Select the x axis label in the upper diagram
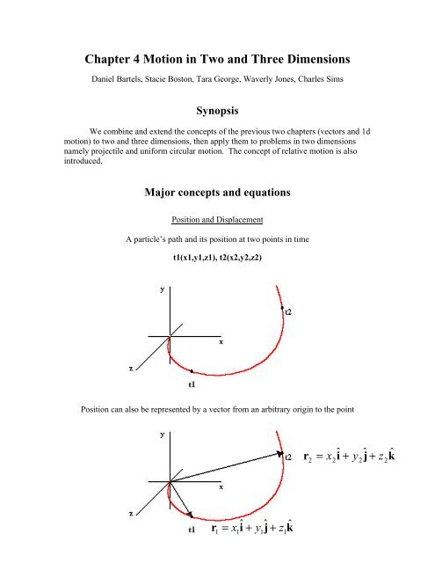(x=221, y=341)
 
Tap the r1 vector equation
(x=265, y=530)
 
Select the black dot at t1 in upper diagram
(x=192, y=373)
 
